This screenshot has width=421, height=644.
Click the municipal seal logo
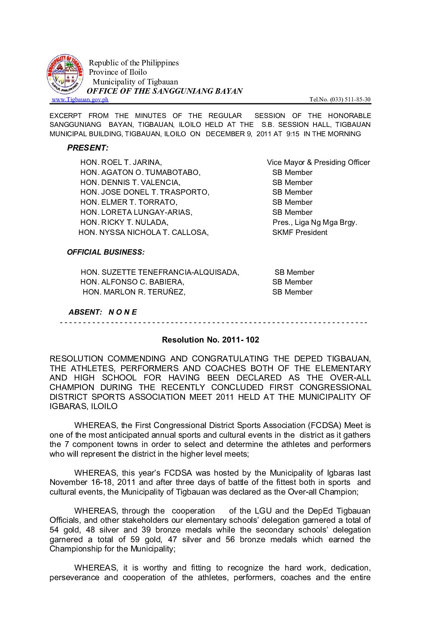pos(65,74)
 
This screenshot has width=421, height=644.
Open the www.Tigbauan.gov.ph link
pos(80,99)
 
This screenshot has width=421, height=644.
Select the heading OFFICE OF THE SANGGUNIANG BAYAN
pos(165,91)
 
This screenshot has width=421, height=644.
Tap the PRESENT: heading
pos(88,148)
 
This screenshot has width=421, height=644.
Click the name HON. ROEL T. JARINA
pos(121,163)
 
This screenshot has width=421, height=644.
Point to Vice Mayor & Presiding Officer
pos(318,163)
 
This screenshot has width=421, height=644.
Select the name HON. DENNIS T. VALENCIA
pos(130,183)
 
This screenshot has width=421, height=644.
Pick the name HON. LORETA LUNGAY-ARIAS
pos(136,212)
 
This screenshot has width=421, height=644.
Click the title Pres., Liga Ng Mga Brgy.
pos(315,223)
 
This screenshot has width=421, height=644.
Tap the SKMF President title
pos(299,233)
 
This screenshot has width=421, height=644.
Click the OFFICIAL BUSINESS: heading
pos(106,252)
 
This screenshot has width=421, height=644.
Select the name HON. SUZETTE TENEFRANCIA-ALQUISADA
pos(160,272)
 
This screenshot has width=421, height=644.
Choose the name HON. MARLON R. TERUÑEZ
pos(134,292)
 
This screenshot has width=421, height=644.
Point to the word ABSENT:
pos(86,312)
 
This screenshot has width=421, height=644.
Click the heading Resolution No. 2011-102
pos(210,340)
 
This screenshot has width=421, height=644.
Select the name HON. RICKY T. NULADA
pos(124,223)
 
